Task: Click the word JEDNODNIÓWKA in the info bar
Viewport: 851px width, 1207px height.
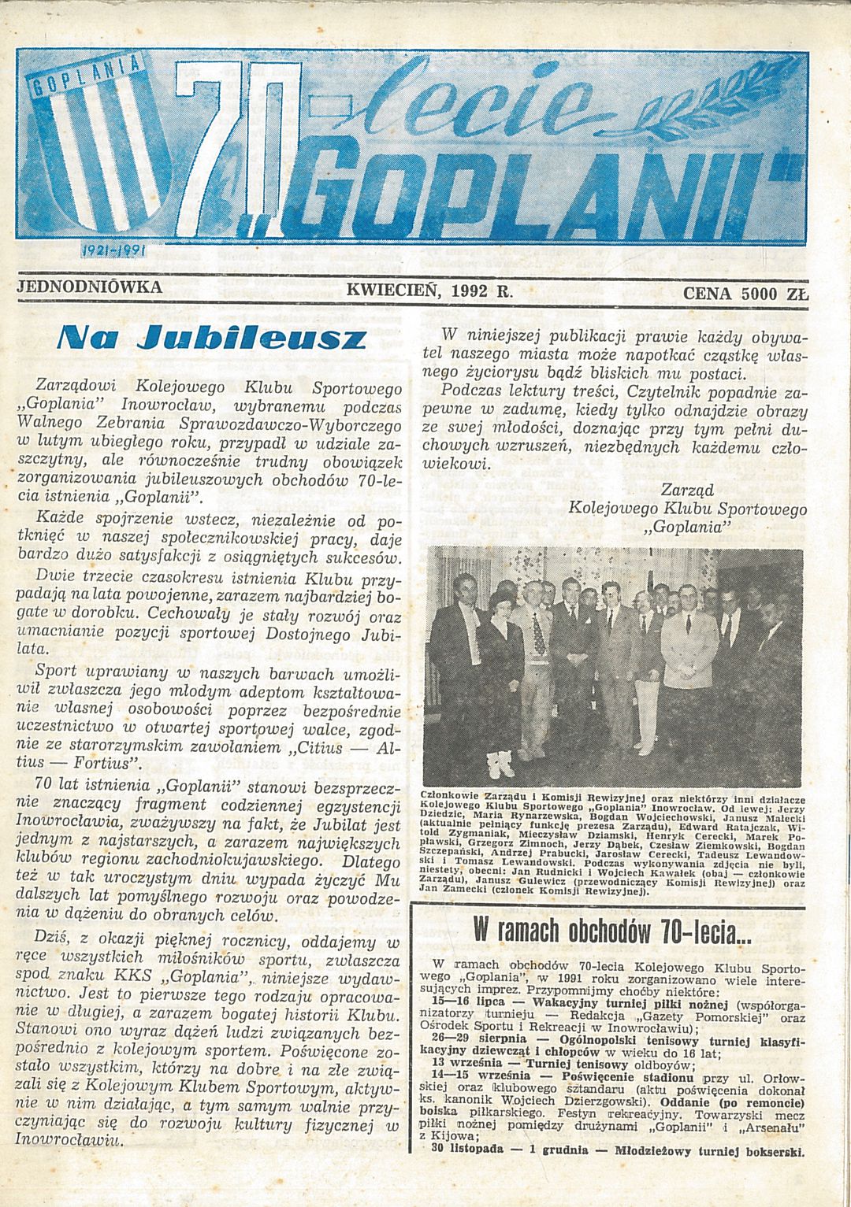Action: point(89,286)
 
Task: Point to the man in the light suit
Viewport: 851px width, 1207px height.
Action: point(693,677)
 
